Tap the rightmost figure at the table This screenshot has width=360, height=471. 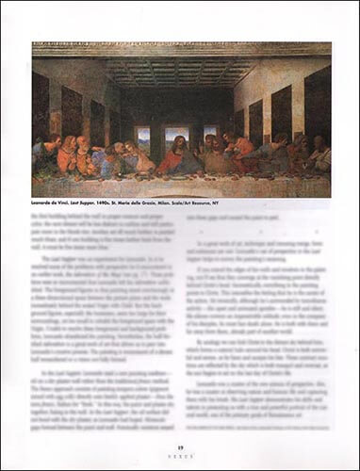click(319, 155)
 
